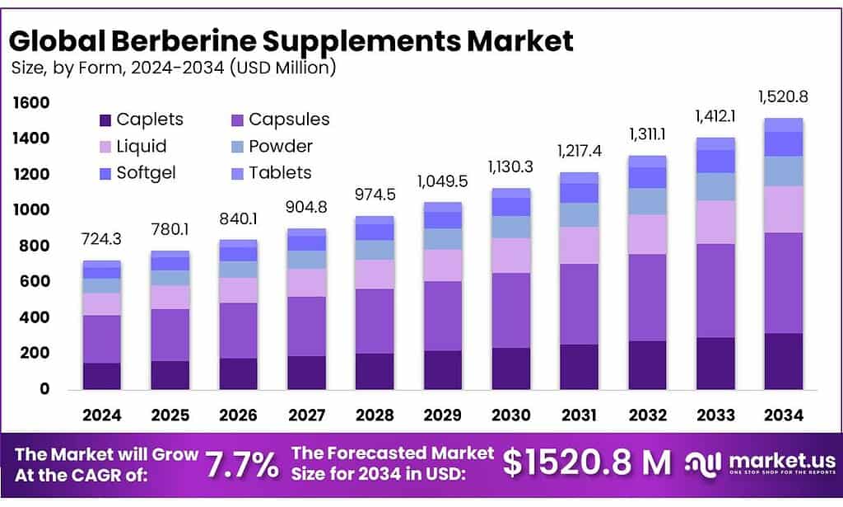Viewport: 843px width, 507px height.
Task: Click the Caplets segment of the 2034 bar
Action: coord(783,361)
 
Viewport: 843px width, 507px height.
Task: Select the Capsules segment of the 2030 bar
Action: coord(510,310)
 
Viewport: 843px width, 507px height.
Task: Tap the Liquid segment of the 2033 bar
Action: coord(715,222)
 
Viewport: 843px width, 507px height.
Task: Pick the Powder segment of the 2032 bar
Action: coord(647,201)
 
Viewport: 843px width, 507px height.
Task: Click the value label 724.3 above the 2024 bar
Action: coord(102,239)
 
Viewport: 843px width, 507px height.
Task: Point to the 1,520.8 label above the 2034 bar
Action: coord(783,96)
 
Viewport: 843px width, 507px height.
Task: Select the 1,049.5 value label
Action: coord(442,180)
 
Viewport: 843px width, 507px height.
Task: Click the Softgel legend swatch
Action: coord(105,173)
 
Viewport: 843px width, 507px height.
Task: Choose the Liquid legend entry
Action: coord(142,146)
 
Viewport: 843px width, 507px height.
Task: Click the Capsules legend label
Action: coord(289,120)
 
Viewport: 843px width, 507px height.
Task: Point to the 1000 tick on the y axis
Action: coord(31,210)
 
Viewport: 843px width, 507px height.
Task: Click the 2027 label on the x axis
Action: coord(306,415)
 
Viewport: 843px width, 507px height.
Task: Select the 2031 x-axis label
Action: coord(579,415)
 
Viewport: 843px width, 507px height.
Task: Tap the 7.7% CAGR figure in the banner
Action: coord(241,465)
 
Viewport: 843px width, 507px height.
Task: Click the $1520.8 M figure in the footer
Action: coord(586,464)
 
